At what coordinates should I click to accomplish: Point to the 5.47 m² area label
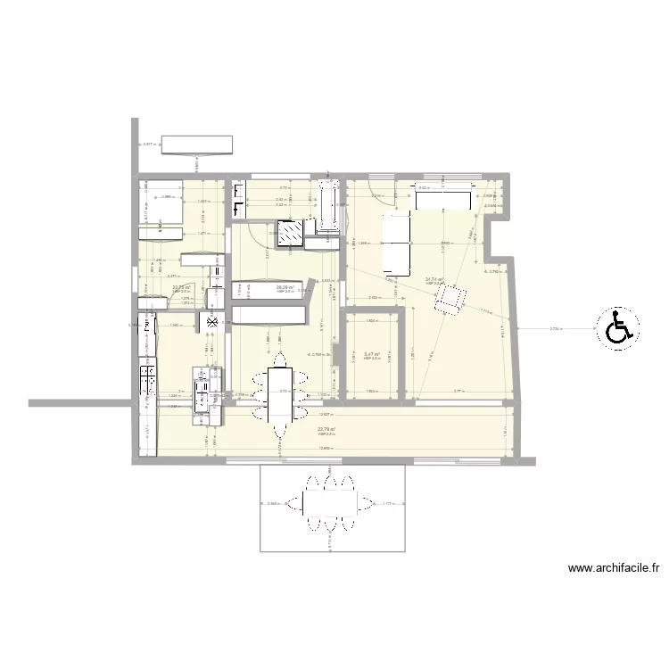pyautogui.click(x=372, y=354)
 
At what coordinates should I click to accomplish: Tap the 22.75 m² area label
pyautogui.click(x=181, y=287)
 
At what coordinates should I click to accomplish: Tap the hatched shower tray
pyautogui.click(x=290, y=234)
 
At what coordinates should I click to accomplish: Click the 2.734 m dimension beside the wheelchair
pyautogui.click(x=555, y=329)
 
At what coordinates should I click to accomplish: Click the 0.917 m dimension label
pyautogui.click(x=149, y=144)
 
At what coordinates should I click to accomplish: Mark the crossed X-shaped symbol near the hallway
pyautogui.click(x=212, y=323)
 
